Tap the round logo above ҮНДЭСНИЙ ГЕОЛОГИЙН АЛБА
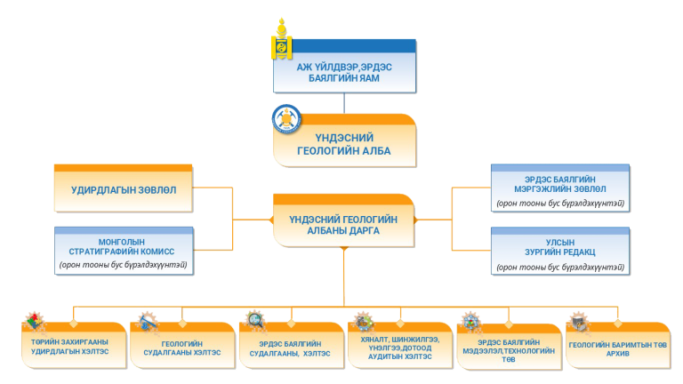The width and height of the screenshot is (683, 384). [286, 119]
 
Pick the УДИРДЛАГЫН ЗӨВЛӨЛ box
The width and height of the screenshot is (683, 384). [124, 188]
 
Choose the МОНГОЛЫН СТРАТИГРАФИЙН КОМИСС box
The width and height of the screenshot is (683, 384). [124, 252]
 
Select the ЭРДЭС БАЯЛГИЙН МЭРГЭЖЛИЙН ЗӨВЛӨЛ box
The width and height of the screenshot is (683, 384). [560, 188]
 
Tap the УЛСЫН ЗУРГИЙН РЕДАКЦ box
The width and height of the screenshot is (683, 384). [560, 251]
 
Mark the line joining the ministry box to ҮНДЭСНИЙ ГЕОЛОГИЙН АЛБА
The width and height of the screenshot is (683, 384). [344, 103]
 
